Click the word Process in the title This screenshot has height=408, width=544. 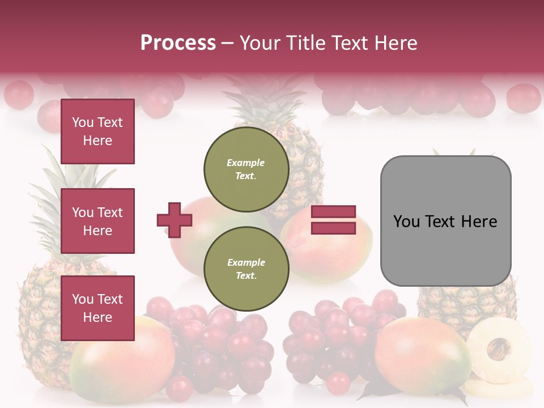[178, 42]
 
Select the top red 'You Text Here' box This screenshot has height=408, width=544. [97, 131]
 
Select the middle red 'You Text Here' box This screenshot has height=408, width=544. [97, 221]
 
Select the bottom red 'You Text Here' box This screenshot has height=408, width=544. [97, 308]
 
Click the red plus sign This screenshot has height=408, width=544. [175, 220]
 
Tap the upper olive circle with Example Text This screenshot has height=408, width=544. [246, 169]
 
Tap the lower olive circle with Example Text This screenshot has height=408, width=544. [246, 269]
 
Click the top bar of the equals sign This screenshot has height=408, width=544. [334, 212]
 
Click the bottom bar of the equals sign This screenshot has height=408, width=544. [334, 228]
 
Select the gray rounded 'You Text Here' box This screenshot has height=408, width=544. [445, 221]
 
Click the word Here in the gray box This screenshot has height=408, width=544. [479, 222]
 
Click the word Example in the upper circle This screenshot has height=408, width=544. [246, 163]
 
